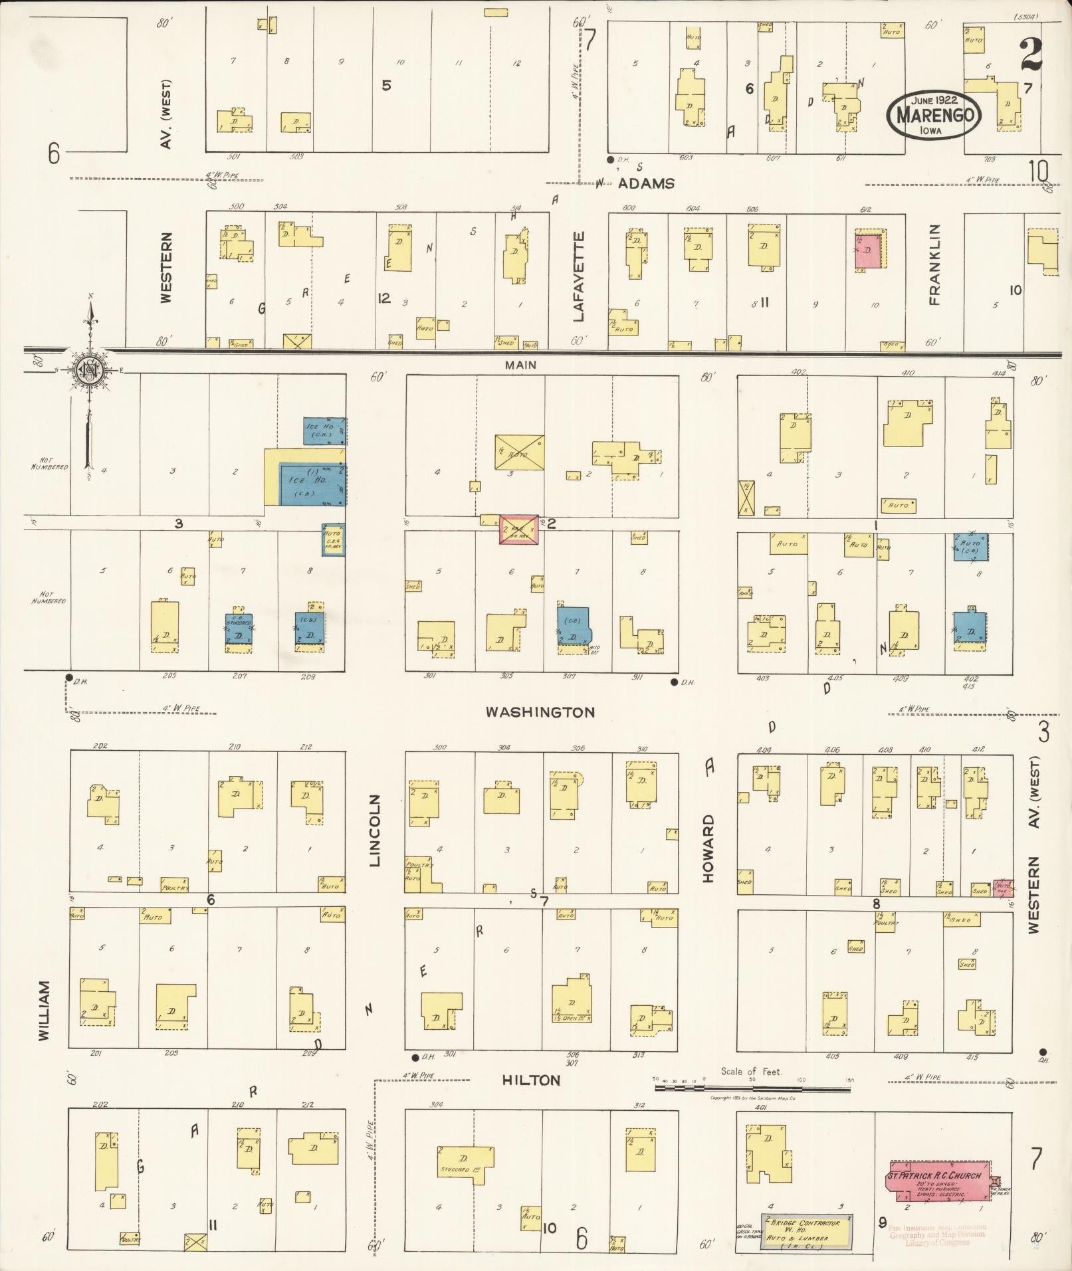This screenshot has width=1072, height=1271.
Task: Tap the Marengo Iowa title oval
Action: click(934, 114)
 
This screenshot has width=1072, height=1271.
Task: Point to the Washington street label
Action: click(540, 712)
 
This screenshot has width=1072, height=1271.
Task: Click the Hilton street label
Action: click(532, 1081)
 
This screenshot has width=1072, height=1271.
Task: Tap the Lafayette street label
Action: click(578, 276)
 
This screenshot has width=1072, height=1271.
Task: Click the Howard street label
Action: click(708, 849)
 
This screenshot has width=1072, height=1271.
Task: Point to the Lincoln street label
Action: click(375, 831)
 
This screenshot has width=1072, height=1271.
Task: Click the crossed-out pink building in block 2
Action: click(519, 530)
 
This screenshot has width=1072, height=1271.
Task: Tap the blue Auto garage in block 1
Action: click(970, 547)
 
